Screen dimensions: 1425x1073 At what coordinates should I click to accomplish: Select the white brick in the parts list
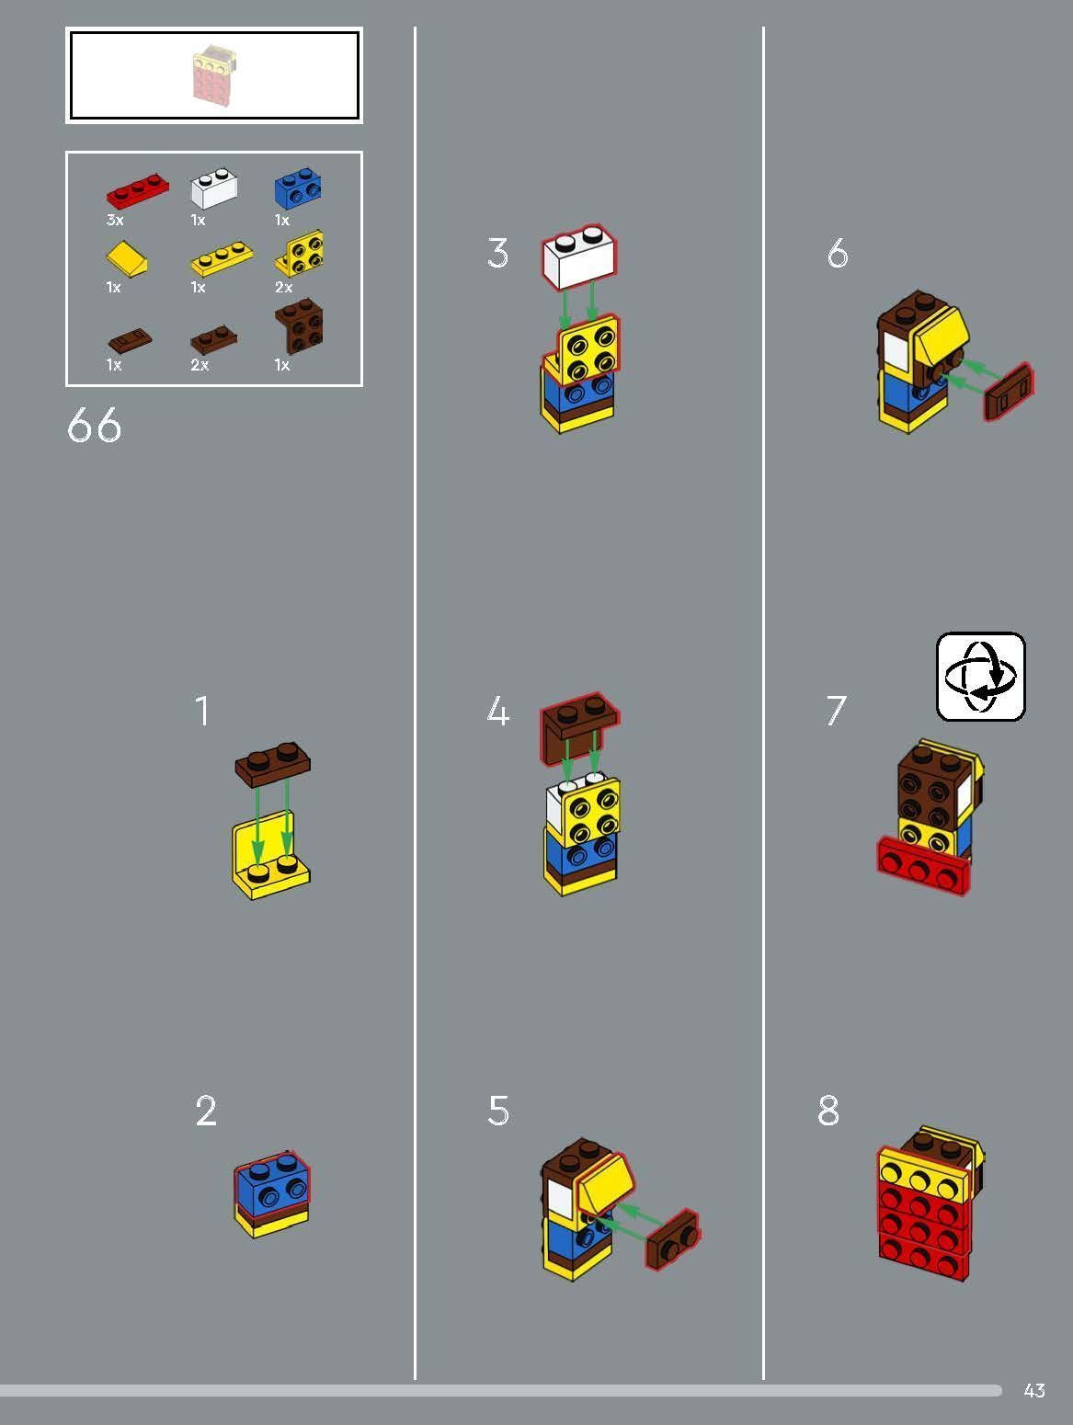(x=212, y=189)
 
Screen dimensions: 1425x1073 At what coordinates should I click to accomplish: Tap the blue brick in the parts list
(x=297, y=189)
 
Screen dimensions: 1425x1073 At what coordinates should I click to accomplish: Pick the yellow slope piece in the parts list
(x=128, y=258)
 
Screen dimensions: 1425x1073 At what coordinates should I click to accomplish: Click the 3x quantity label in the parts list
(x=115, y=221)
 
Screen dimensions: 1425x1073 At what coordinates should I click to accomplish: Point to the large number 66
(x=94, y=427)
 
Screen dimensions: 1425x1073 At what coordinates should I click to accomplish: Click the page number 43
(x=1034, y=1390)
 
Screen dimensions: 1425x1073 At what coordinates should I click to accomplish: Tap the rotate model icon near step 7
(x=980, y=677)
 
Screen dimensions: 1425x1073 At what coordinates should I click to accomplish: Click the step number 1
(x=202, y=712)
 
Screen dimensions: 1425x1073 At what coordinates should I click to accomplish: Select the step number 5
(x=497, y=1111)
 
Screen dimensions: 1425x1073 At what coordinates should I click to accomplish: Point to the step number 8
(x=828, y=1111)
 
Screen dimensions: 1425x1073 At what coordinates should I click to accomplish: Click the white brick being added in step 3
(x=579, y=256)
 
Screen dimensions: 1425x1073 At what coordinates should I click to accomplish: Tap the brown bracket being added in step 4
(x=578, y=723)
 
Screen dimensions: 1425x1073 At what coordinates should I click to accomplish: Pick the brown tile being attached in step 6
(x=1009, y=393)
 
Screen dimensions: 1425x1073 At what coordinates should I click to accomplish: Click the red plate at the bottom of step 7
(x=922, y=866)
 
